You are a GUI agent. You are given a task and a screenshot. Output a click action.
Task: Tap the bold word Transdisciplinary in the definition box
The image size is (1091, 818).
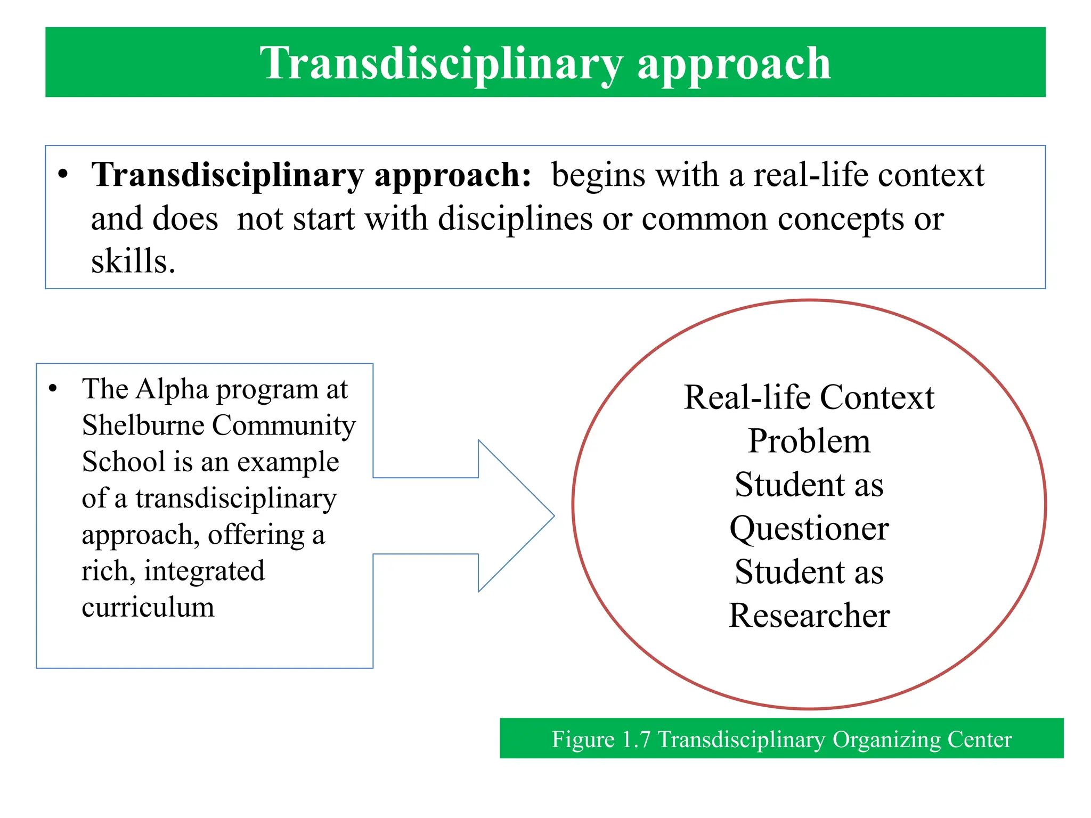(x=227, y=175)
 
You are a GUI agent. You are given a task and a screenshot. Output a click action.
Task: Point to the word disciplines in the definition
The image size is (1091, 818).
(x=515, y=219)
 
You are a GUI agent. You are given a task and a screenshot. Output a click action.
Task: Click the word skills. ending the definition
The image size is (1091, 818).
(x=133, y=261)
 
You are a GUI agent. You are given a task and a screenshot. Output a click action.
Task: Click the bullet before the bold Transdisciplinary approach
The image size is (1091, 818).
(x=63, y=175)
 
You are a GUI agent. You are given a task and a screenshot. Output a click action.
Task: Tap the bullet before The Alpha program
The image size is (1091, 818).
(x=52, y=389)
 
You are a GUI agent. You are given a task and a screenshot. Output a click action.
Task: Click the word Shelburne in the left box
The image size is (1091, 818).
(x=143, y=426)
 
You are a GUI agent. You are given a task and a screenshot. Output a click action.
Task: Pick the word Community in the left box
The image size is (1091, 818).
(x=283, y=426)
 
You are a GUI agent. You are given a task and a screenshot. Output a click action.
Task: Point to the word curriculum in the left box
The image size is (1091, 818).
(x=148, y=608)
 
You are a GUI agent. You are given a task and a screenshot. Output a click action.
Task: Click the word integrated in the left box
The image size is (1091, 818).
(x=204, y=571)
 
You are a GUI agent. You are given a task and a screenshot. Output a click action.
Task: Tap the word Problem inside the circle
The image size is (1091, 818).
(x=809, y=441)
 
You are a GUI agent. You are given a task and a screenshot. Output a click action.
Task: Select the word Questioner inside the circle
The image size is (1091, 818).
(x=809, y=529)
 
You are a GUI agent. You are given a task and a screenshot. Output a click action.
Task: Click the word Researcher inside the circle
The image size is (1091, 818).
(x=809, y=616)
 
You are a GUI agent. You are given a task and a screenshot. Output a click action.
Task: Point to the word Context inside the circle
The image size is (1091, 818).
(x=877, y=398)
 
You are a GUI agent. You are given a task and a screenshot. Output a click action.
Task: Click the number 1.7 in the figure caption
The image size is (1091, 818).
(x=636, y=740)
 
